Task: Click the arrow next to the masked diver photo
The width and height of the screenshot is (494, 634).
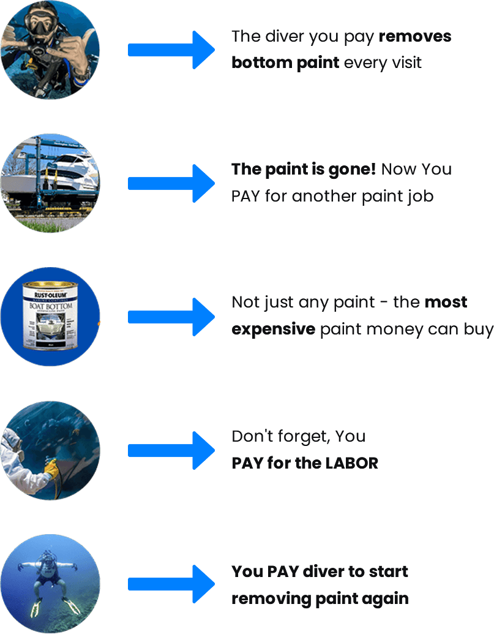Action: point(171,50)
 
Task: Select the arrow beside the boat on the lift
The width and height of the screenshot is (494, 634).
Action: point(171,183)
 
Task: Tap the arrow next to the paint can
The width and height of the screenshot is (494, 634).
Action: point(171,317)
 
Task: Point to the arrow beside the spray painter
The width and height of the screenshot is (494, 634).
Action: point(171,450)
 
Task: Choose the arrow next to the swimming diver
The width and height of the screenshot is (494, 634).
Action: point(171,584)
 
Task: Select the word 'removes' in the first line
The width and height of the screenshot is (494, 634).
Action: point(415,36)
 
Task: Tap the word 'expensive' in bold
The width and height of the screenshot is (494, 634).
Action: point(273,329)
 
